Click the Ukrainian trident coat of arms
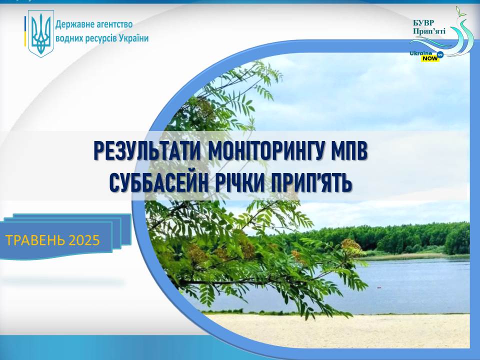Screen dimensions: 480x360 41,33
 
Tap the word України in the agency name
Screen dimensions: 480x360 133,39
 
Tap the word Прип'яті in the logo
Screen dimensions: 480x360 429,31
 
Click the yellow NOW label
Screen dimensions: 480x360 430,58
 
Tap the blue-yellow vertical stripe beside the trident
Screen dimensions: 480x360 25,31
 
